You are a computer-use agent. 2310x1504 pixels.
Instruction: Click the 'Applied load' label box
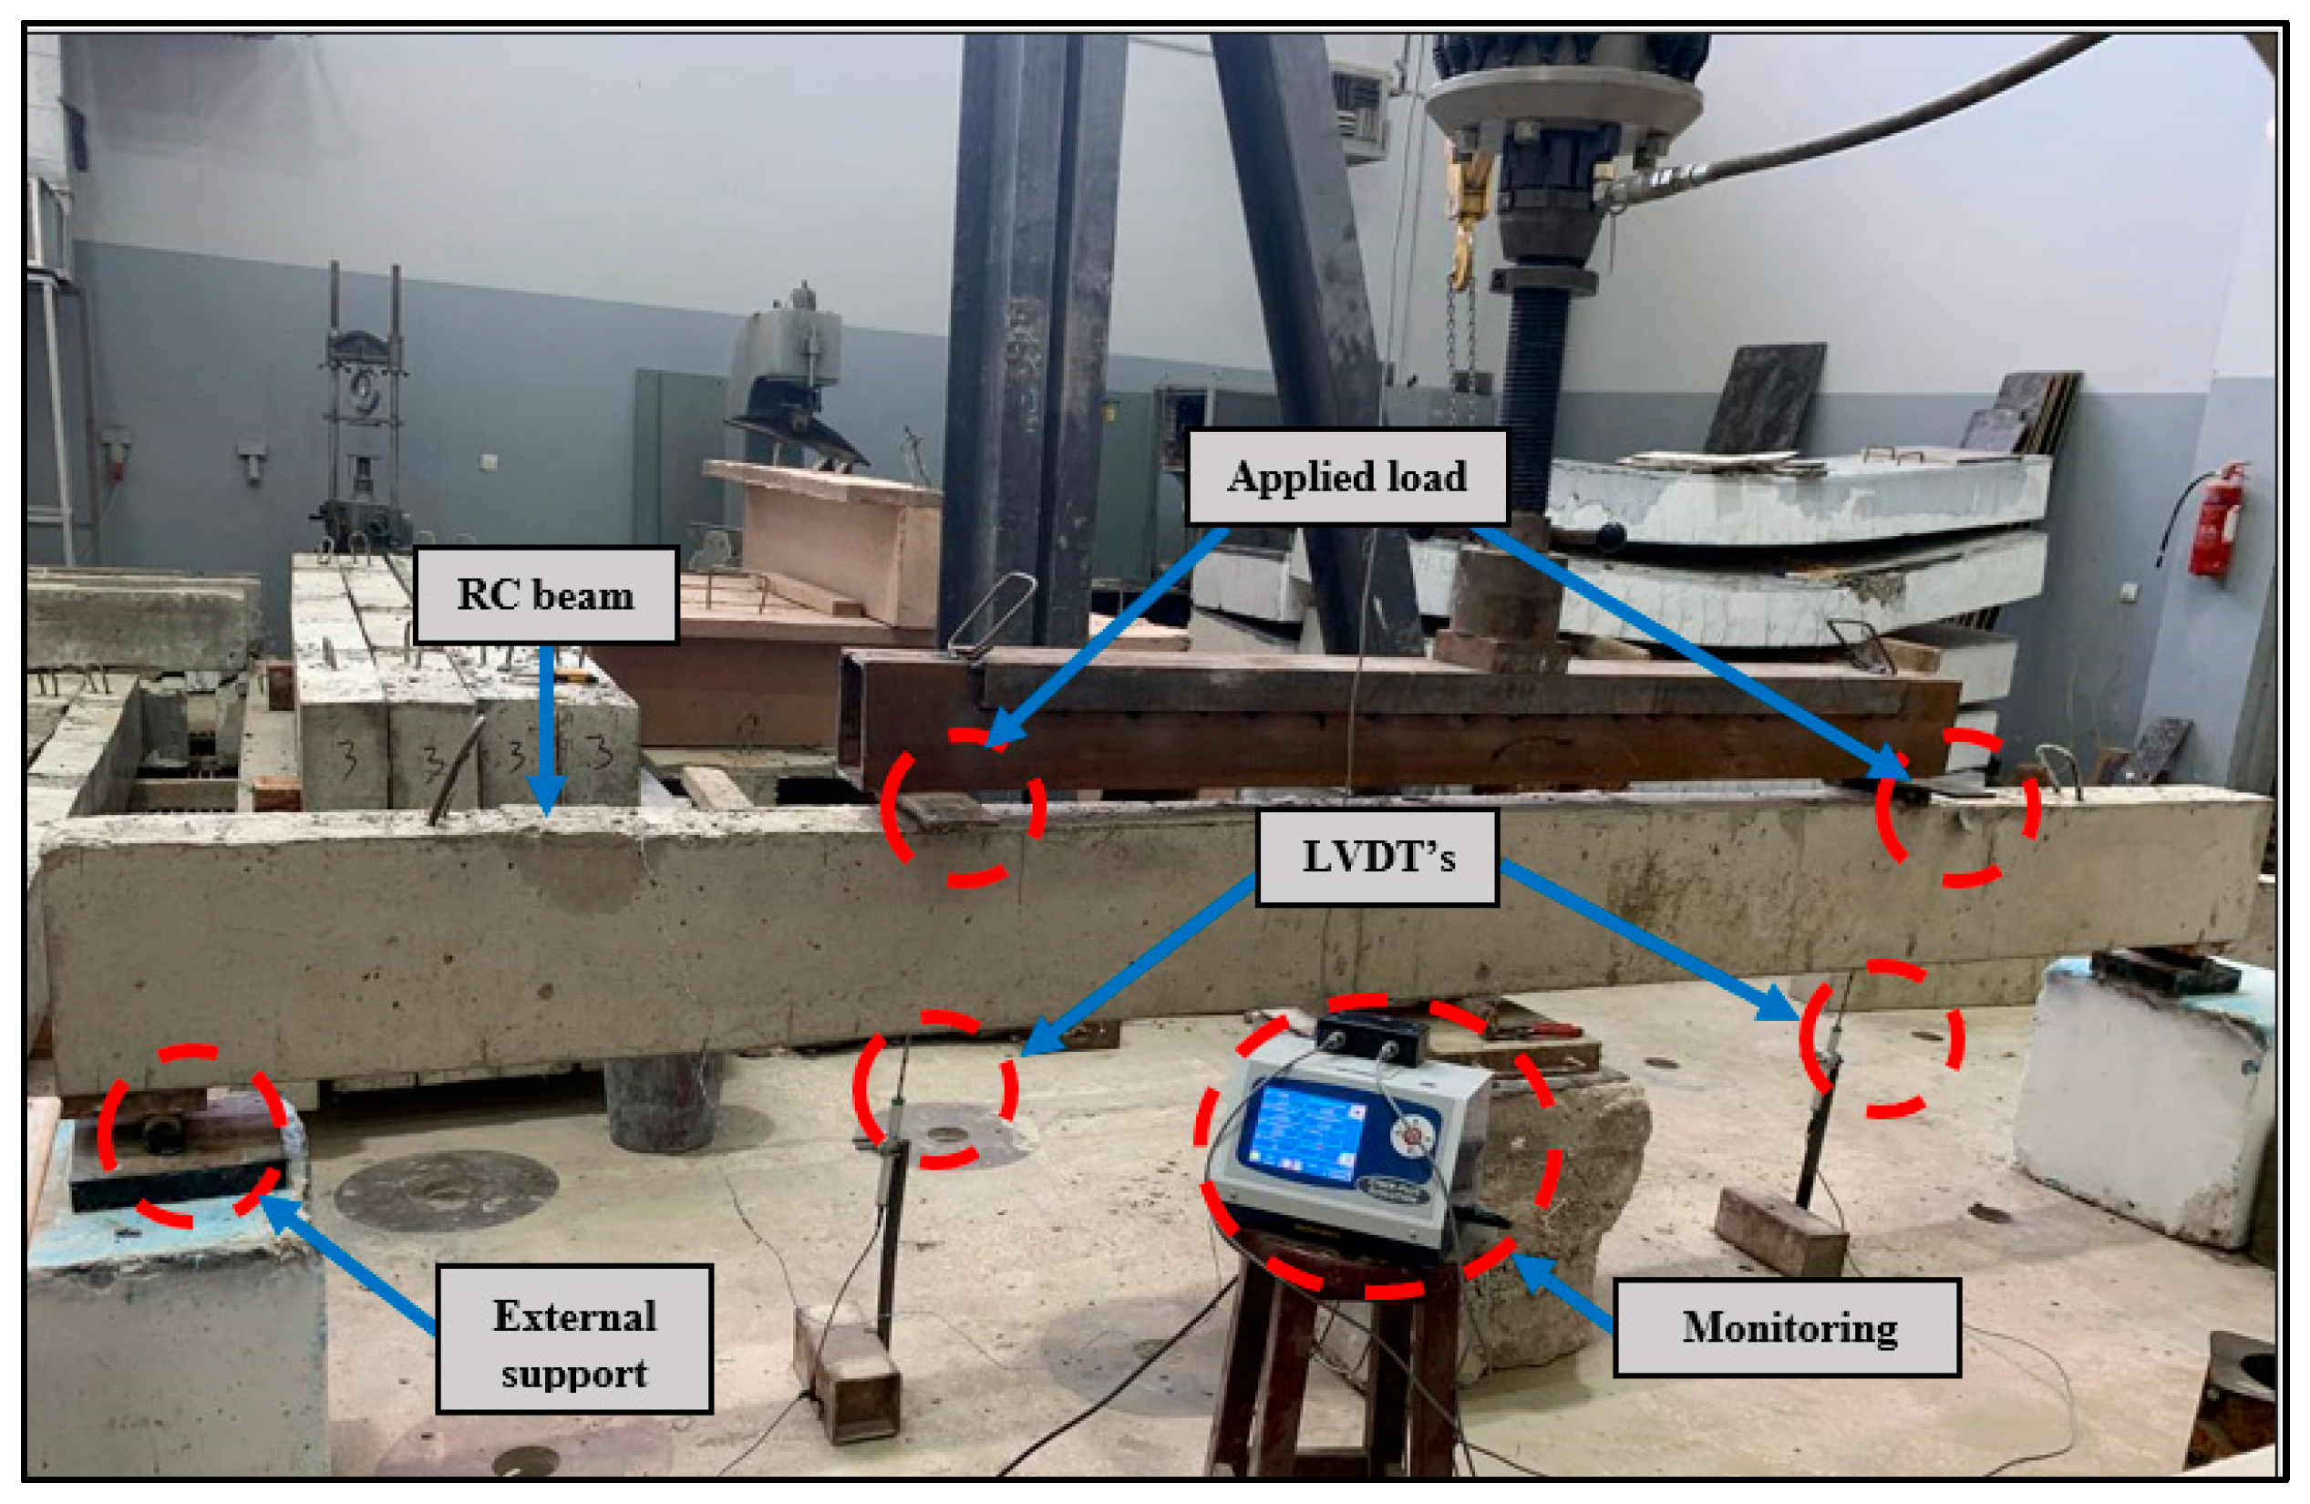click(x=1346, y=478)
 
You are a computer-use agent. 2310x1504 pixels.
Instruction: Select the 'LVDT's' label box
click(x=1377, y=858)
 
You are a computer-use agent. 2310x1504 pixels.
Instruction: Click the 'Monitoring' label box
click(x=1787, y=1327)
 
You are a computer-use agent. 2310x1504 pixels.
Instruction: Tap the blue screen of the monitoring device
click(x=1305, y=1131)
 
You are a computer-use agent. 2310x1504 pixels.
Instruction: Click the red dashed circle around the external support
click(x=192, y=1135)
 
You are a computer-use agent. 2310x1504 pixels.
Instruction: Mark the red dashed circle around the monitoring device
click(x=1377, y=1145)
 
